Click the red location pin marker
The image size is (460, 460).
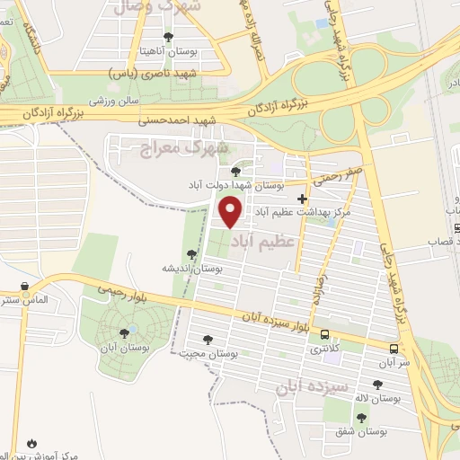231,212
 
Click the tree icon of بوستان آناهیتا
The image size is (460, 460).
168,37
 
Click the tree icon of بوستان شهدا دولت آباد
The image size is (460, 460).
235,171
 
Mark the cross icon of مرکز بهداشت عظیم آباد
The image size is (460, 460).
302,199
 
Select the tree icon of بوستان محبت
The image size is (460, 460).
208,340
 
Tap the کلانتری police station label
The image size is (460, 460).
323,347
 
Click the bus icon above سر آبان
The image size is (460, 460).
394,348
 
